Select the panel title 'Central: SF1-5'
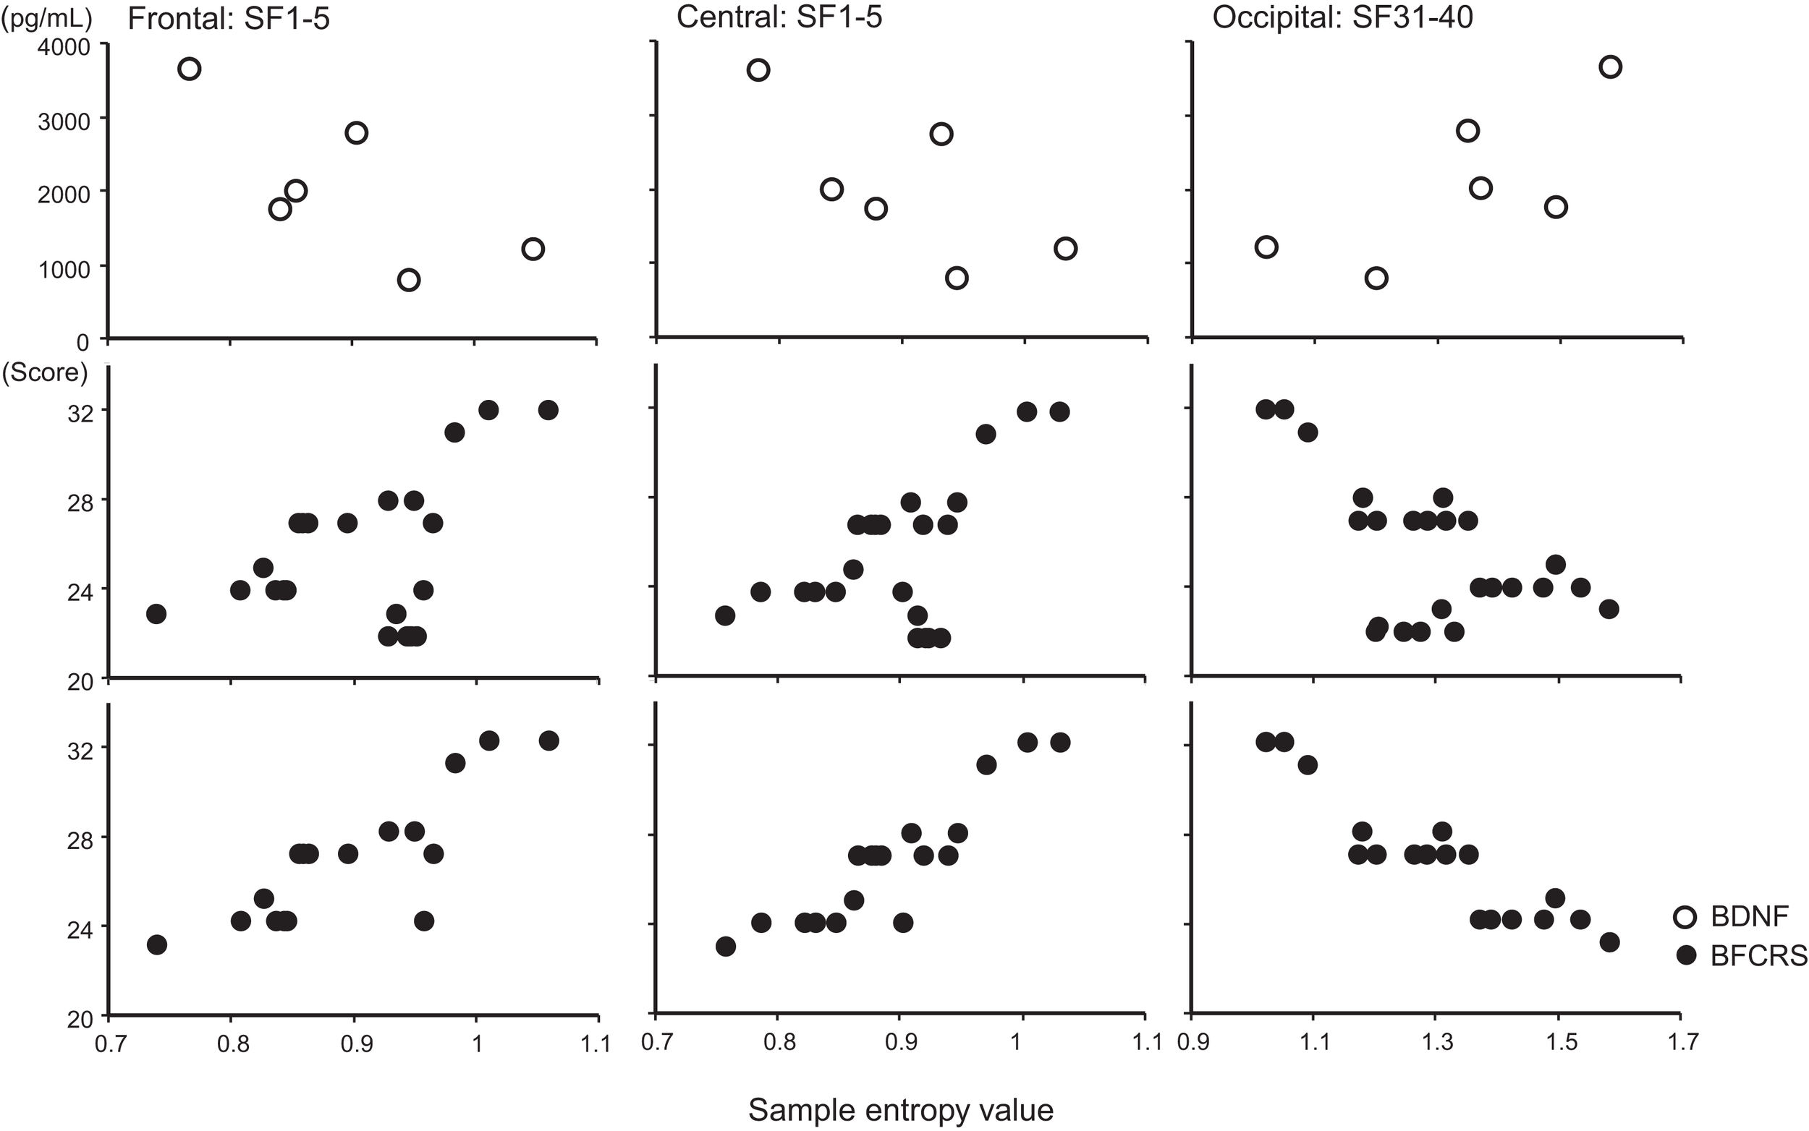pyautogui.click(x=779, y=17)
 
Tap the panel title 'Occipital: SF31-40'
pyautogui.click(x=1343, y=17)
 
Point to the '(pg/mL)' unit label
pyautogui.click(x=46, y=17)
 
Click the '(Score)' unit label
pyautogui.click(x=45, y=372)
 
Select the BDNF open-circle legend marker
pyautogui.click(x=1686, y=916)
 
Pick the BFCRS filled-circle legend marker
pyautogui.click(x=1686, y=955)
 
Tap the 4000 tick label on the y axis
pyautogui.click(x=63, y=47)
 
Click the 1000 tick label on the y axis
pyautogui.click(x=63, y=268)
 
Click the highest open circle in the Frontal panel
pyautogui.click(x=190, y=69)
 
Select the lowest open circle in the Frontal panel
pyautogui.click(x=408, y=280)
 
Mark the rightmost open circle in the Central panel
pyautogui.click(x=1065, y=248)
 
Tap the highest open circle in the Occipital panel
pyautogui.click(x=1610, y=67)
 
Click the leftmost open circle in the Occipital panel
pyautogui.click(x=1266, y=247)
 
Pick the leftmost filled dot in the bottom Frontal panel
pyautogui.click(x=156, y=944)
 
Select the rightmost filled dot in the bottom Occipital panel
pyautogui.click(x=1609, y=942)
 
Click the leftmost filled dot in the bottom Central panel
pyautogui.click(x=725, y=947)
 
